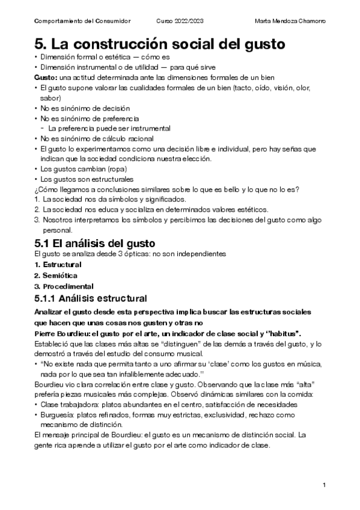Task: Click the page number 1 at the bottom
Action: pos(324,485)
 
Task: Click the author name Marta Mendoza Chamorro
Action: pos(290,21)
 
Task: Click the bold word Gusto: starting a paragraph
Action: pos(46,78)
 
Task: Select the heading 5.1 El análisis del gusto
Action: pos(96,243)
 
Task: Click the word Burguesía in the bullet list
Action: pos(59,415)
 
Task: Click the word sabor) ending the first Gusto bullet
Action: pos(50,97)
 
